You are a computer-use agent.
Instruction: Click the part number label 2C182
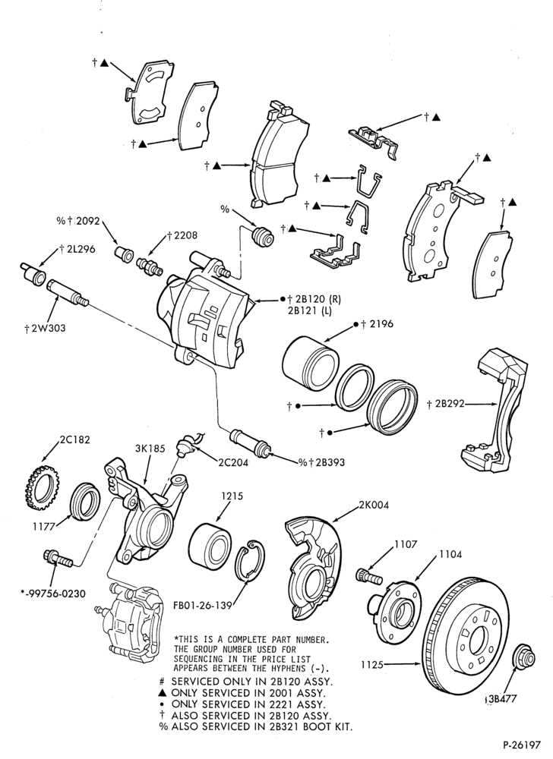point(74,440)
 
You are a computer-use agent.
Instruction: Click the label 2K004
point(374,505)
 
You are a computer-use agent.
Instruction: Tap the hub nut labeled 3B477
point(523,658)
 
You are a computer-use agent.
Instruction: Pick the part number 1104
point(450,554)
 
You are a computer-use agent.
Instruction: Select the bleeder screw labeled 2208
point(149,265)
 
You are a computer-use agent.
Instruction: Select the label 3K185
point(150,449)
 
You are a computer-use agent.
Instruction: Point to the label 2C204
point(233,462)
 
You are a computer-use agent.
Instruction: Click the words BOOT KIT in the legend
point(328,726)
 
